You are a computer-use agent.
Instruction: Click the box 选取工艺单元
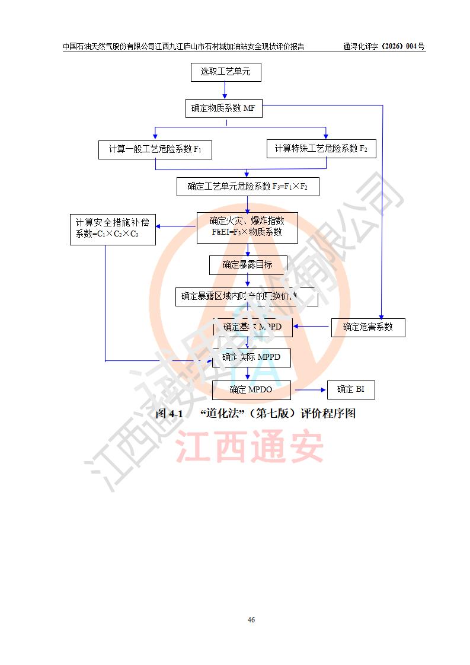pyautogui.click(x=225, y=72)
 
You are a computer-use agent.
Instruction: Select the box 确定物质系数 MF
pyautogui.click(x=223, y=108)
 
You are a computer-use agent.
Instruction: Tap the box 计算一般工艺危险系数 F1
pyautogui.click(x=155, y=150)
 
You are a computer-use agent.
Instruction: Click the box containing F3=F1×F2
pyautogui.click(x=248, y=187)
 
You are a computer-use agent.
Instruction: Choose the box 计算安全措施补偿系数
pyautogui.click(x=112, y=229)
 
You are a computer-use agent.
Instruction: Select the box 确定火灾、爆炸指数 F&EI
pyautogui.click(x=247, y=228)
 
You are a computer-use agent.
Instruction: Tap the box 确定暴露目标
pyautogui.click(x=248, y=265)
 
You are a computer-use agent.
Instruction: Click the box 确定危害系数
pyautogui.click(x=367, y=327)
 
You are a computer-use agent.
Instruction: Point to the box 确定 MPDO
pyautogui.click(x=251, y=389)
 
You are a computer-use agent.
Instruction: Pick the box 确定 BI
pyautogui.click(x=351, y=389)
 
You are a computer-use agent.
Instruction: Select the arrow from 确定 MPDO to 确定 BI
pyautogui.click(x=310, y=390)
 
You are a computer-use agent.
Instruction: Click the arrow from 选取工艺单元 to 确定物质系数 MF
pyautogui.click(x=225, y=91)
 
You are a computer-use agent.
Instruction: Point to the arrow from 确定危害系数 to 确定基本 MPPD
pyautogui.click(x=312, y=326)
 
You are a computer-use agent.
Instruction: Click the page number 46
pyautogui.click(x=251, y=620)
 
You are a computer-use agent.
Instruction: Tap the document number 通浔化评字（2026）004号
pyautogui.click(x=383, y=46)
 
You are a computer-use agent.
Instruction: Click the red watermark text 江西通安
pyautogui.click(x=249, y=447)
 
